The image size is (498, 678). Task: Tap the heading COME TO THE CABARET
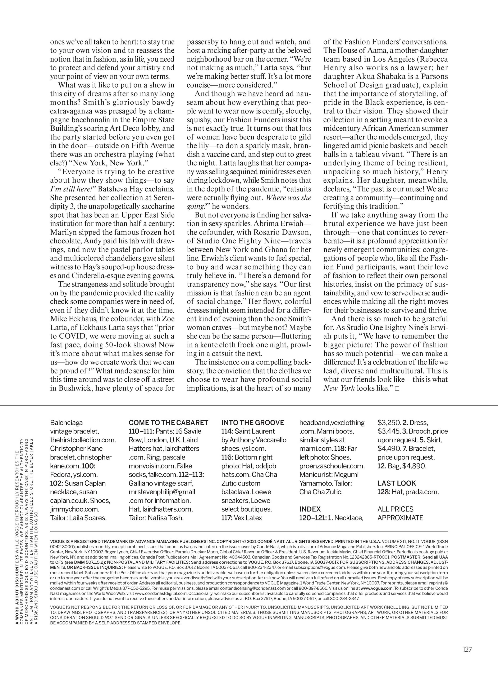tap(168, 423)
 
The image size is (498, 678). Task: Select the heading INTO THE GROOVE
tap(253, 423)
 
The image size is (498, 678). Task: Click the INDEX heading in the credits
tap(310, 509)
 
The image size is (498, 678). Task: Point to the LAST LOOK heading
tap(397, 483)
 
